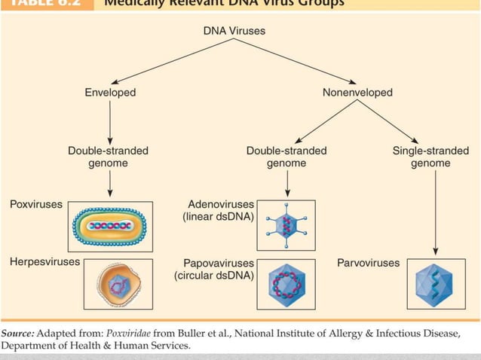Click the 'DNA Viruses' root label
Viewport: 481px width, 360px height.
click(234, 32)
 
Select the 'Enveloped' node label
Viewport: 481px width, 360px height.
click(110, 93)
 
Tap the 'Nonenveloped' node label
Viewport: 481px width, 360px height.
click(357, 93)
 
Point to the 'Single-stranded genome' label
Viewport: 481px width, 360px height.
click(430, 157)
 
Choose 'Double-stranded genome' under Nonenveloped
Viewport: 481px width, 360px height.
click(286, 157)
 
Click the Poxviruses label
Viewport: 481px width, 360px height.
click(36, 204)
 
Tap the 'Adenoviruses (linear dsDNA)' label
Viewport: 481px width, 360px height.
click(219, 211)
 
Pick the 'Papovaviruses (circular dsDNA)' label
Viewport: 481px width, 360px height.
click(214, 269)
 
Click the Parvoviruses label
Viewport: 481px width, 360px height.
click(369, 263)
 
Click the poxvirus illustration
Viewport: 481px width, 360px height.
click(111, 225)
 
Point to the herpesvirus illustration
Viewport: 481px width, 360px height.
click(117, 284)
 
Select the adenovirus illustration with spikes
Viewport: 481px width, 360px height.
click(286, 224)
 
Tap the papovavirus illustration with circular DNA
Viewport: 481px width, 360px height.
click(286, 284)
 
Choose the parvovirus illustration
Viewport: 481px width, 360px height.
click(434, 284)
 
